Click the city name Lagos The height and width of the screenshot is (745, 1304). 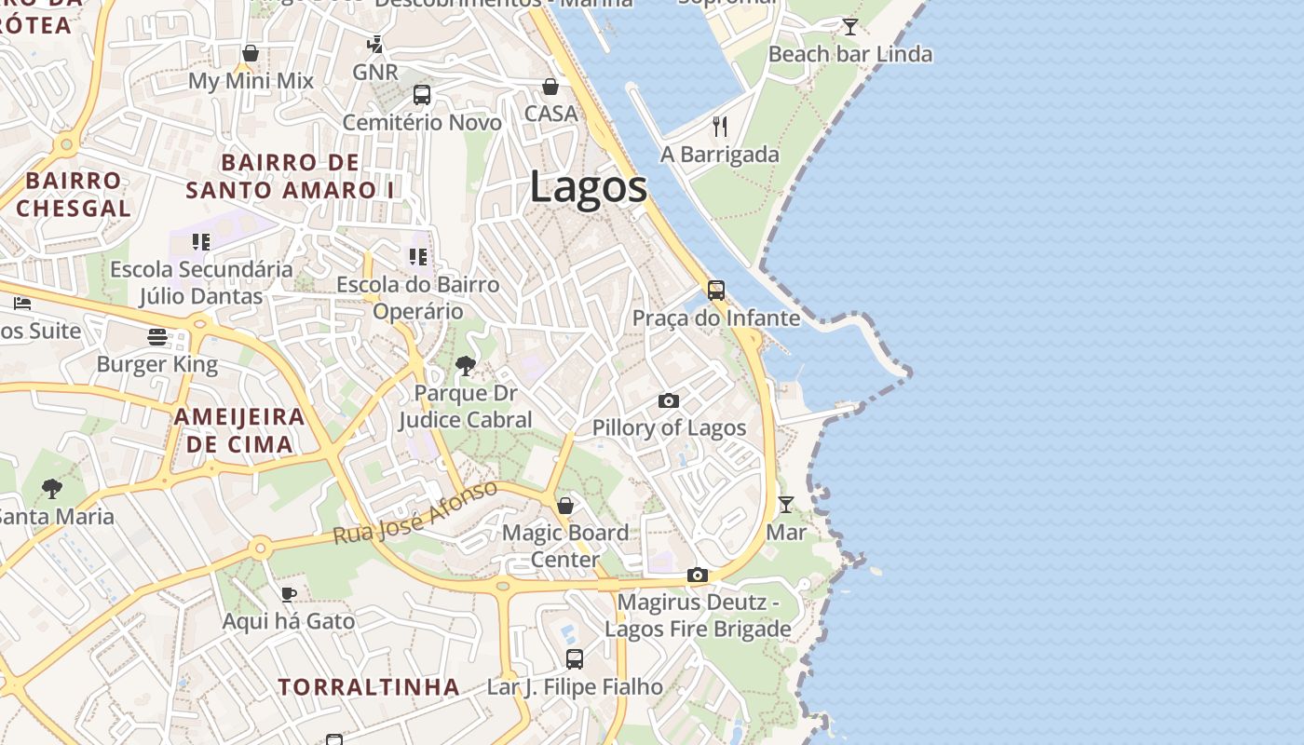coord(588,187)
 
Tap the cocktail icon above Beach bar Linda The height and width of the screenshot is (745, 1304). coord(849,26)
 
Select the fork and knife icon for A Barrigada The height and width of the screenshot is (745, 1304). coord(719,126)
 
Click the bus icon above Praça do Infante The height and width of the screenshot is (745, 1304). coord(715,290)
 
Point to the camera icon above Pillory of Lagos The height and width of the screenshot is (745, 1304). coord(668,400)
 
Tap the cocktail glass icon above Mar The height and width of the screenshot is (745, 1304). coord(786,504)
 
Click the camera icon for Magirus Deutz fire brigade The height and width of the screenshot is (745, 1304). coord(697,575)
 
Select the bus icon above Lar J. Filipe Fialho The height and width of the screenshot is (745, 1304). coord(575,658)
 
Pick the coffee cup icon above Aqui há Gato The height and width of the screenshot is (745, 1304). coord(289,593)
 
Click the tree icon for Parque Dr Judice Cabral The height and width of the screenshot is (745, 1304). coord(466,365)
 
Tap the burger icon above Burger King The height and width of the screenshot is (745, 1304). coord(156,336)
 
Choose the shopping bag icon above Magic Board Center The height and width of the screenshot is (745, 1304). coord(564,505)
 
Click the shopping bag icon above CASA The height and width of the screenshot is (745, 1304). coord(550,86)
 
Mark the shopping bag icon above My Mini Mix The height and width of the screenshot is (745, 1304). coord(250,53)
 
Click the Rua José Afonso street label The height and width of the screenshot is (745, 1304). coord(415,513)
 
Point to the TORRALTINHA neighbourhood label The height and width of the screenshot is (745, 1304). coord(369,687)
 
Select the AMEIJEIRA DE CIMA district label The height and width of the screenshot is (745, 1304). coord(239,430)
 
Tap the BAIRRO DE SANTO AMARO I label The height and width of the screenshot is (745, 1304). coord(291,176)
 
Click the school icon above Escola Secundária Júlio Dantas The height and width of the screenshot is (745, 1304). coord(201,242)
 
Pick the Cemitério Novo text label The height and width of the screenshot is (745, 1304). coord(422,122)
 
